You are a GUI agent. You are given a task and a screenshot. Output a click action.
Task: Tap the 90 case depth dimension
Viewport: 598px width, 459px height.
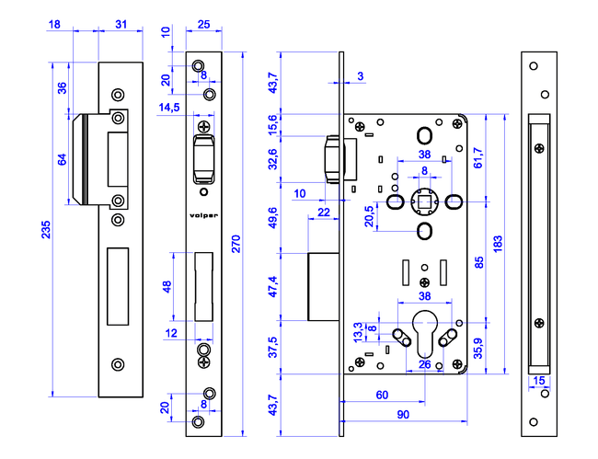(x=403, y=415)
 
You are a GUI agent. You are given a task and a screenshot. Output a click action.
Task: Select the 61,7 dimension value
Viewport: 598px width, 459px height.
(x=477, y=159)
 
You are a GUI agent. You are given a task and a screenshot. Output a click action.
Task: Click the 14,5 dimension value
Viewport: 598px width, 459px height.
(x=169, y=108)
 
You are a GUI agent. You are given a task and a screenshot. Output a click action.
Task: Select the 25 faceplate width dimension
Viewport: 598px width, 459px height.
(x=204, y=23)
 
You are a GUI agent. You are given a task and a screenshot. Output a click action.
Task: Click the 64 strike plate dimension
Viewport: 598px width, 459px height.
(x=62, y=159)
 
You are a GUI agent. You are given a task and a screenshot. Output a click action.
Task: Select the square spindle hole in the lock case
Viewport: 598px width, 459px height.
(x=425, y=200)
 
